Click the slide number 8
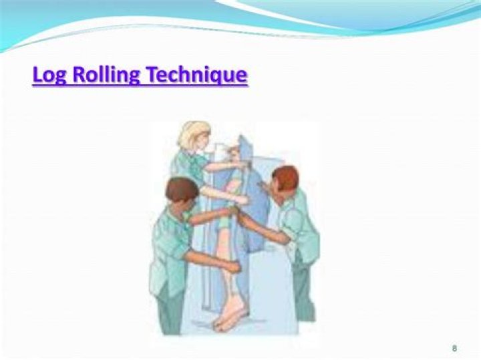[x=454, y=349]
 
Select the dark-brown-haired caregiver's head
[x=182, y=190]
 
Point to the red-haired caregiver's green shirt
[x=297, y=220]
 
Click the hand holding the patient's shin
[x=232, y=266]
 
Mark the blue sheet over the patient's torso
[x=257, y=194]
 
